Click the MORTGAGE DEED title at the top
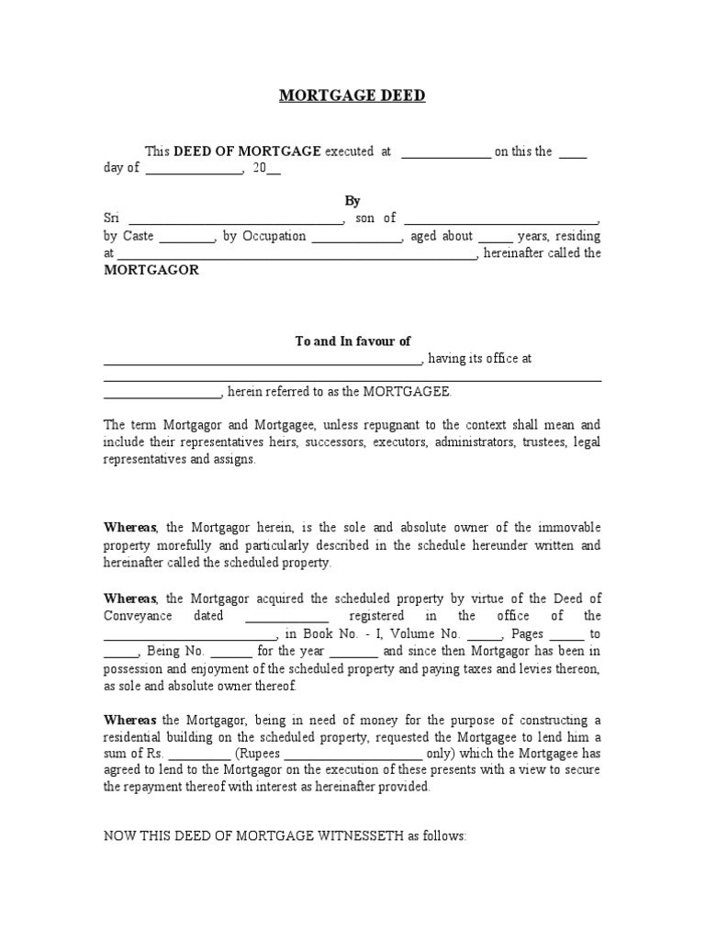[x=352, y=96]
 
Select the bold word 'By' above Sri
[x=352, y=201]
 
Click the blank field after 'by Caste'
[x=187, y=238]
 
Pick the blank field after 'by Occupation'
[x=357, y=238]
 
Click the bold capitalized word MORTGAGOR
[x=151, y=271]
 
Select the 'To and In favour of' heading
[x=352, y=341]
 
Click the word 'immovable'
[x=567, y=528]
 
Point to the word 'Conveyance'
[x=138, y=616]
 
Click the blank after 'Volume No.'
[x=485, y=634]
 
